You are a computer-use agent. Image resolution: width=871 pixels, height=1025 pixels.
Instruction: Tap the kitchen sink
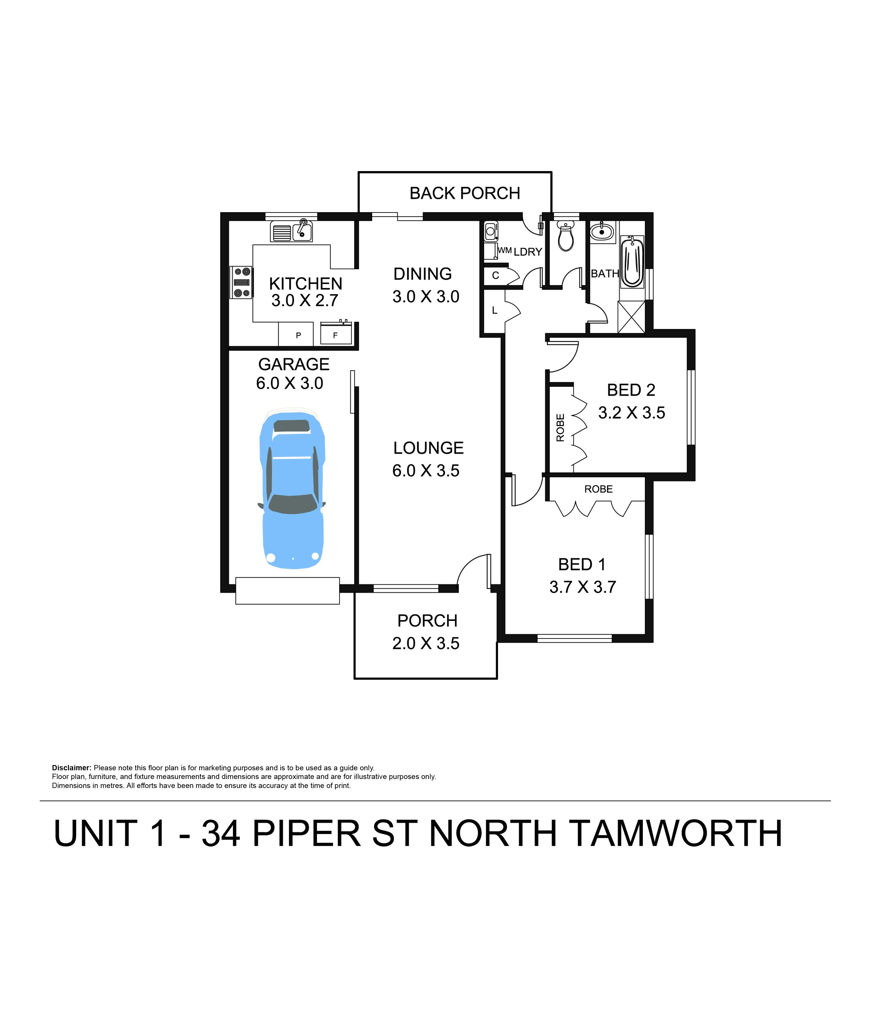point(291,231)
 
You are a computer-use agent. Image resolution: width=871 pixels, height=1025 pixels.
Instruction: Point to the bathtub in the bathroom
point(632,262)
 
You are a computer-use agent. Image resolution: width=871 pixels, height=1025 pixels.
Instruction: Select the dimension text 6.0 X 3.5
point(426,471)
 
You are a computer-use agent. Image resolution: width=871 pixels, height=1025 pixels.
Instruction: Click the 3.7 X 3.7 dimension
point(583,587)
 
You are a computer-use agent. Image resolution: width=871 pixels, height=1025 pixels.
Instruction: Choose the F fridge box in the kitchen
point(336,334)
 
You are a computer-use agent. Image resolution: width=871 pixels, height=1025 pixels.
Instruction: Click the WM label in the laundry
point(504,250)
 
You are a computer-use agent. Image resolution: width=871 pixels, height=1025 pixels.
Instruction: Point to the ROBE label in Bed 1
point(598,489)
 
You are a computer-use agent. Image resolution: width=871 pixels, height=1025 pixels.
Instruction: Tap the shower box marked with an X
point(631,317)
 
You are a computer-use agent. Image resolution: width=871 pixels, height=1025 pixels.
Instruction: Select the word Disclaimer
point(72,768)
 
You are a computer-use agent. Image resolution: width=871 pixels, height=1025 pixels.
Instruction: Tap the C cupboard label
point(496,276)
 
